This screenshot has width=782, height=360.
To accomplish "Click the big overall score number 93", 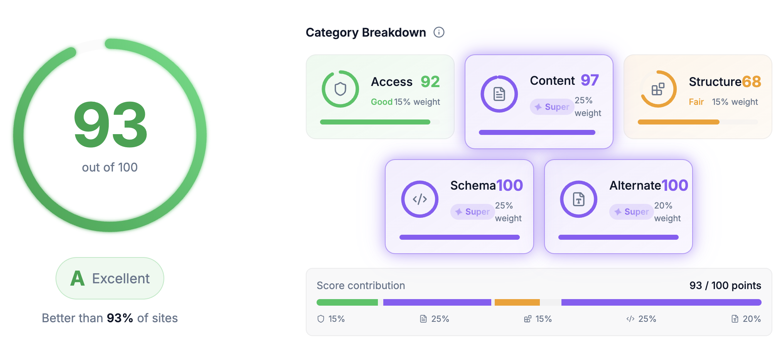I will click(111, 125).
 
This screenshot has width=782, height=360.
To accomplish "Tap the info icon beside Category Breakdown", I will click(439, 32).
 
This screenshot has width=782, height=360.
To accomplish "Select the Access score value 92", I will click(430, 82).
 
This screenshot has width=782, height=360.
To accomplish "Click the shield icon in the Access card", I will click(340, 89).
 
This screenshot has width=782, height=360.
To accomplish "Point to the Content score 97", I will click(590, 80).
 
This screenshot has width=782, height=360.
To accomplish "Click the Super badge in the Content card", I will click(552, 107).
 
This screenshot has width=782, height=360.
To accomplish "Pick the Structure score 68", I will click(751, 82).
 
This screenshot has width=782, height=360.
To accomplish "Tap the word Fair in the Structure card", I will click(696, 102).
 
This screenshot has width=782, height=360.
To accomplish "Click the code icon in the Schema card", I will click(420, 199).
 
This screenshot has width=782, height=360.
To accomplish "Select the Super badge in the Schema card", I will click(472, 212).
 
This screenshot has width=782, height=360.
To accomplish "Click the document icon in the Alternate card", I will click(578, 199).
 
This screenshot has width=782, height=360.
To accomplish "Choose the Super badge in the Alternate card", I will click(632, 212).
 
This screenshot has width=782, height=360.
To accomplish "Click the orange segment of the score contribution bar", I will click(517, 303).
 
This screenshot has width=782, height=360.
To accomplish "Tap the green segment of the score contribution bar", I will click(347, 303).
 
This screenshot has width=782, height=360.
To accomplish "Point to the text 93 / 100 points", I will click(725, 286).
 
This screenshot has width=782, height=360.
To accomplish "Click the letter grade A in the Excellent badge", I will click(78, 278).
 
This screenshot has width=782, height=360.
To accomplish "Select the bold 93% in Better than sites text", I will click(120, 318).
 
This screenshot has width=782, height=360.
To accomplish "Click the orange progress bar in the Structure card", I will click(678, 122).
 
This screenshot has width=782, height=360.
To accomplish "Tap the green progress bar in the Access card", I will click(375, 122).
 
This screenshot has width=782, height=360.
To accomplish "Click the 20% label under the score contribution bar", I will click(751, 319).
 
